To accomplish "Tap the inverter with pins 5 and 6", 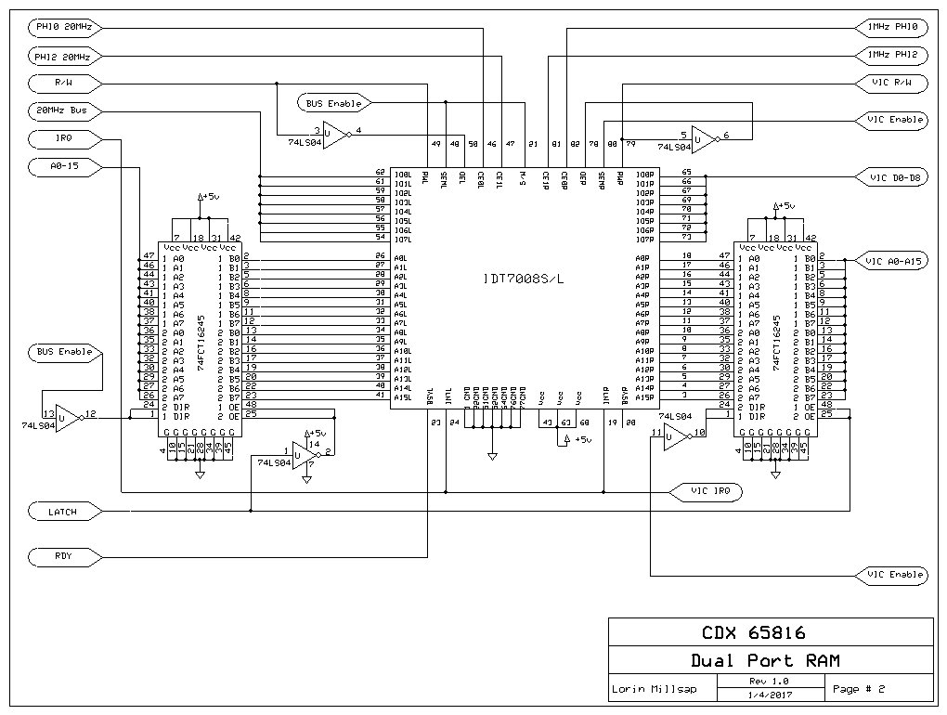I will click(x=704, y=139).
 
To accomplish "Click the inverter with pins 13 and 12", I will click(x=68, y=417).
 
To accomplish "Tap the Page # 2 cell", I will click(x=859, y=689).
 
